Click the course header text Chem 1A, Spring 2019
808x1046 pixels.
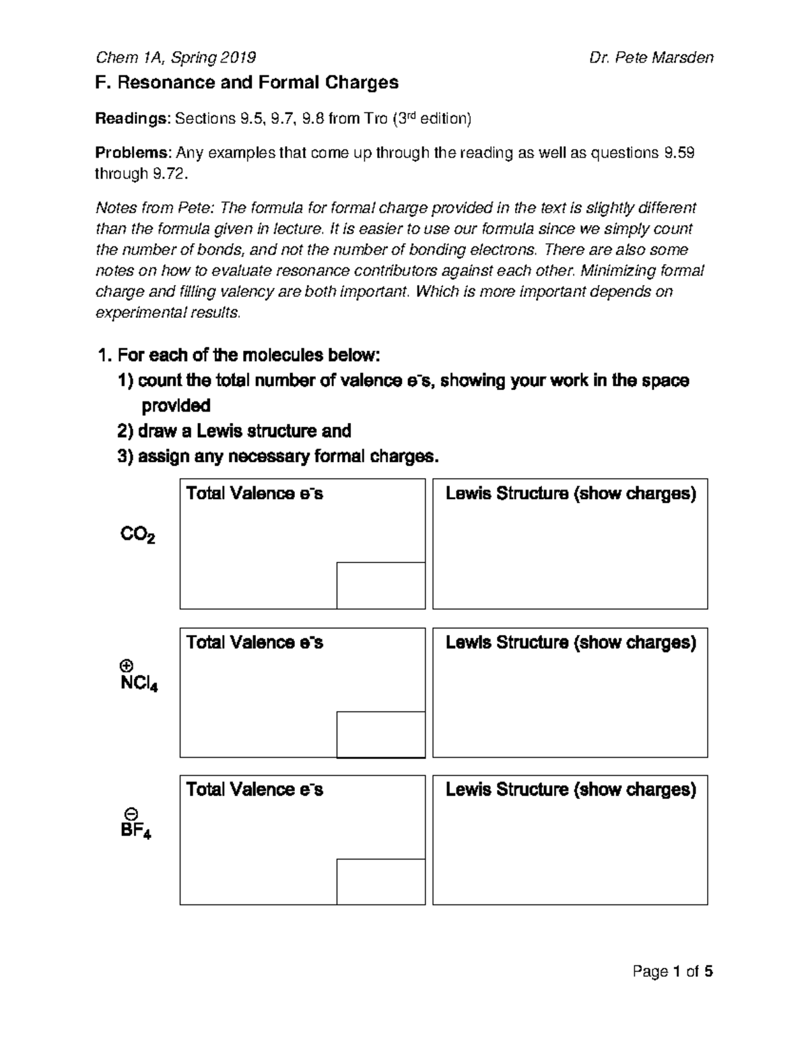click(176, 57)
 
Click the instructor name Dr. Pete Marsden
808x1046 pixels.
click(650, 57)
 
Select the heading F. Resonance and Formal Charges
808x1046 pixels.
click(247, 83)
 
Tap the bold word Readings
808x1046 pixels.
click(132, 119)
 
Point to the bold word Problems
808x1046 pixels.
click(133, 153)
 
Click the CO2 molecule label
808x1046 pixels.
click(138, 535)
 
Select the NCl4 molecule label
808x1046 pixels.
click(139, 684)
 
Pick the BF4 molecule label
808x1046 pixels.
click(136, 831)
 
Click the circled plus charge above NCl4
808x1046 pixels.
click(125, 665)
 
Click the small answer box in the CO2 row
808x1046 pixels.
click(380, 585)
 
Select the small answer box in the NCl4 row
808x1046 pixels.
click(380, 734)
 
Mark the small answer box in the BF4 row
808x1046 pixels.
click(380, 882)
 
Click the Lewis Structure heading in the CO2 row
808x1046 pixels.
click(570, 494)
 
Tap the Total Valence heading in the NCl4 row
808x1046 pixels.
click(255, 643)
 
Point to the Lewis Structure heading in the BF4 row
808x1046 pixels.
click(570, 789)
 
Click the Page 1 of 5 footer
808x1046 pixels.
click(672, 971)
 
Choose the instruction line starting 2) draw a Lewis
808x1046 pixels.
click(234, 431)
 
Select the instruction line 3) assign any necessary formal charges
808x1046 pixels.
click(278, 457)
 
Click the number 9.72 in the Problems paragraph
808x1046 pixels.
click(165, 174)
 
